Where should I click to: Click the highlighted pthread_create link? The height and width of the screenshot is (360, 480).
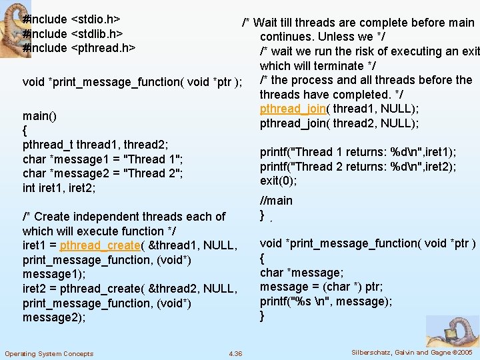pyautogui.click(x=99, y=245)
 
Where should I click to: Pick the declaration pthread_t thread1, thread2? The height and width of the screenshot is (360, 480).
pyautogui.click(x=95, y=145)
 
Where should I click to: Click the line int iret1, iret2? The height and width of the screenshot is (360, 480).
pyautogui.click(x=59, y=188)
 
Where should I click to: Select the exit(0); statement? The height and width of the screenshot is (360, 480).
pyautogui.click(x=279, y=181)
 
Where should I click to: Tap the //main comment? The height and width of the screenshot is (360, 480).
pyautogui.click(x=276, y=201)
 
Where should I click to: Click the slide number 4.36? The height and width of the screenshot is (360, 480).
pyautogui.click(x=235, y=353)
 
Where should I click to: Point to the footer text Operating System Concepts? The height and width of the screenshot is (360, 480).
pyautogui.click(x=49, y=353)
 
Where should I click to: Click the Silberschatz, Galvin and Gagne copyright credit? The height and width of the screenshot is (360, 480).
pyautogui.click(x=412, y=352)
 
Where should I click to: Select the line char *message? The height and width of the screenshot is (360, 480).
pyautogui.click(x=302, y=273)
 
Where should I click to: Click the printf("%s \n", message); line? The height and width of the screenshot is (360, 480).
pyautogui.click(x=326, y=301)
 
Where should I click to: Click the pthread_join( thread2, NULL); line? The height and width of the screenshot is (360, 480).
pyautogui.click(x=339, y=124)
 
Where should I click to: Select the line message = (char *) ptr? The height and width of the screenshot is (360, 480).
pyautogui.click(x=321, y=287)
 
